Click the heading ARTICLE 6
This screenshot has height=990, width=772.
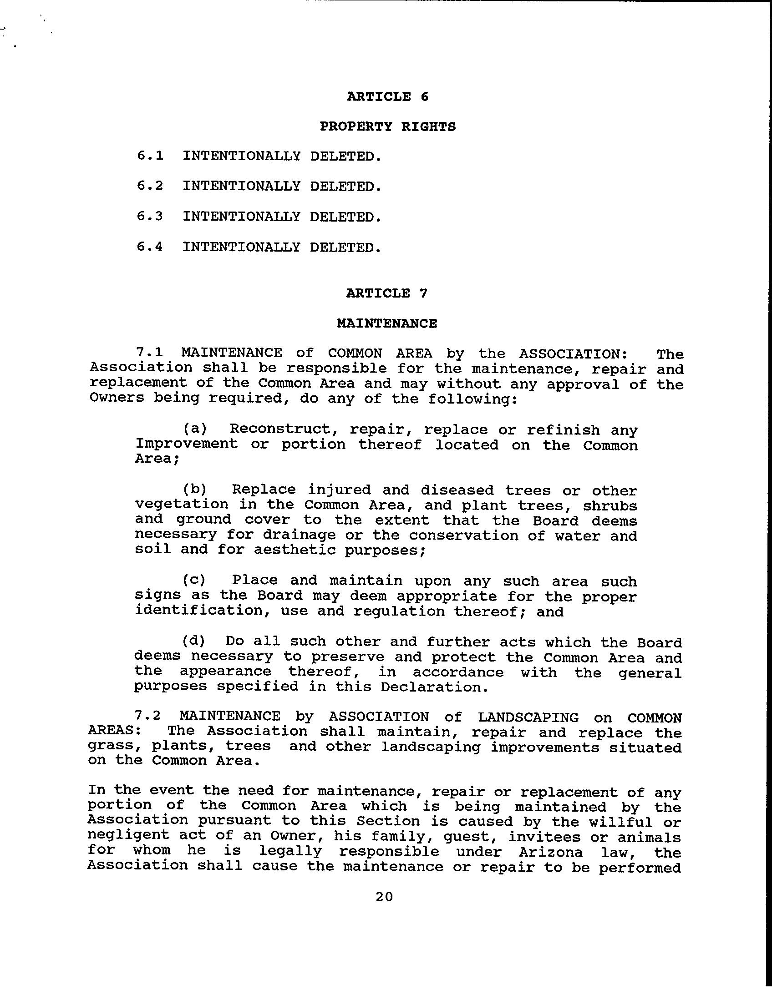tap(387, 96)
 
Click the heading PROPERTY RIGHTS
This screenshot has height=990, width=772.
tap(387, 126)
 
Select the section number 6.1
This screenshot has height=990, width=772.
tap(150, 156)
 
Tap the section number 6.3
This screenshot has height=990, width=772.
tap(150, 217)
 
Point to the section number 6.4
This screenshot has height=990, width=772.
tap(150, 247)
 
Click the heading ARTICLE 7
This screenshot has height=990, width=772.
tap(387, 293)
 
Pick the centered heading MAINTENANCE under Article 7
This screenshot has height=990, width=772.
tap(387, 323)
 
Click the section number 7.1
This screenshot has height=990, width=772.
tap(149, 353)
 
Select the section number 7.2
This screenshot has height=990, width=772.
tap(148, 717)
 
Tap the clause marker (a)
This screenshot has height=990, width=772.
tap(195, 429)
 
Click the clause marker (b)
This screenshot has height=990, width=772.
tap(195, 490)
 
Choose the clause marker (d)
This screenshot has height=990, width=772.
tap(194, 641)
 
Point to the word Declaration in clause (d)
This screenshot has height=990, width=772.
tap(434, 687)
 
